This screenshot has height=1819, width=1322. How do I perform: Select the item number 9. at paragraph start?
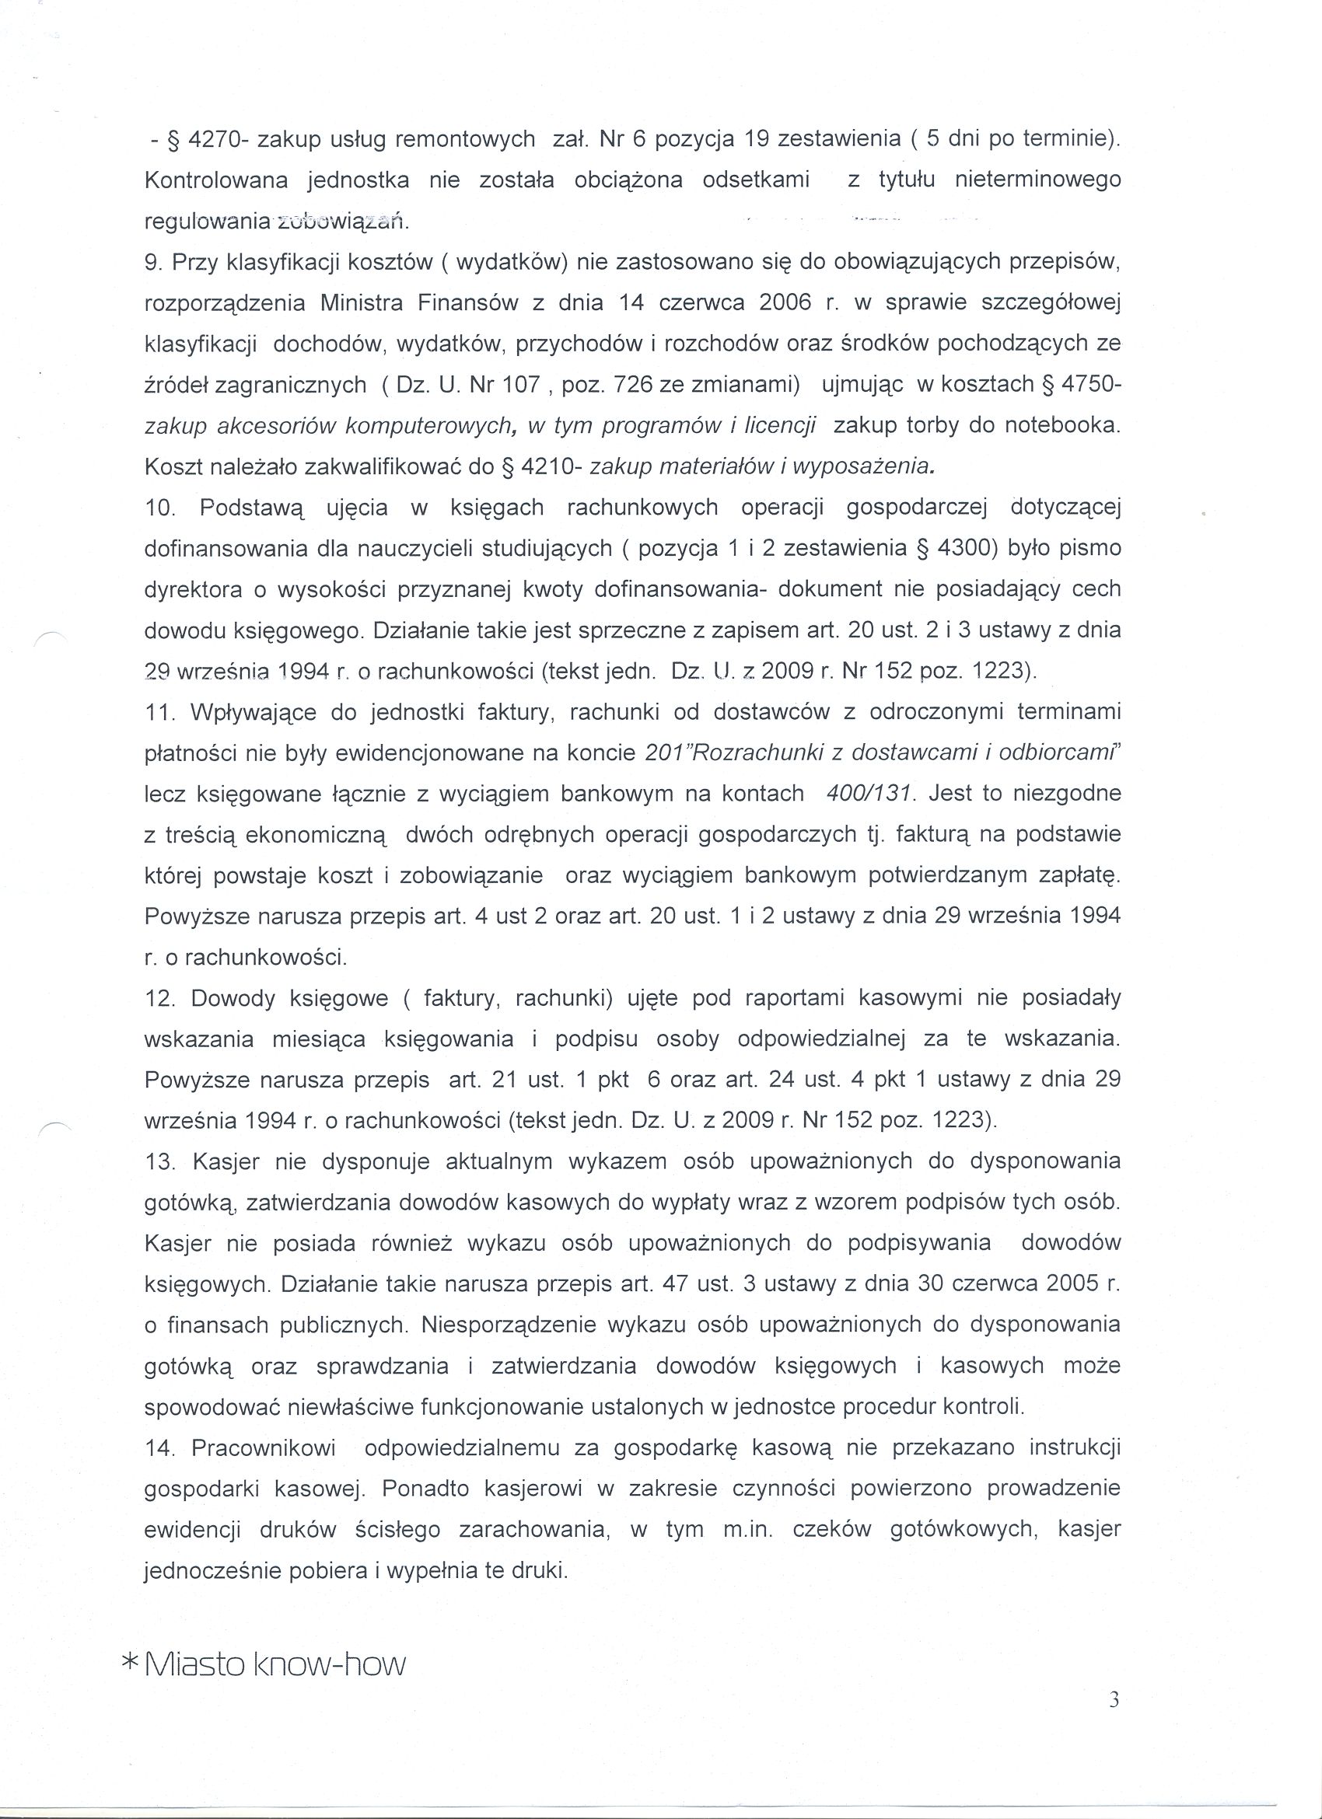click(155, 261)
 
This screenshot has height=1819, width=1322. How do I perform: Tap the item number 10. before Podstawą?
click(159, 508)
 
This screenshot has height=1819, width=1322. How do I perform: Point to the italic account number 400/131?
click(870, 794)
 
